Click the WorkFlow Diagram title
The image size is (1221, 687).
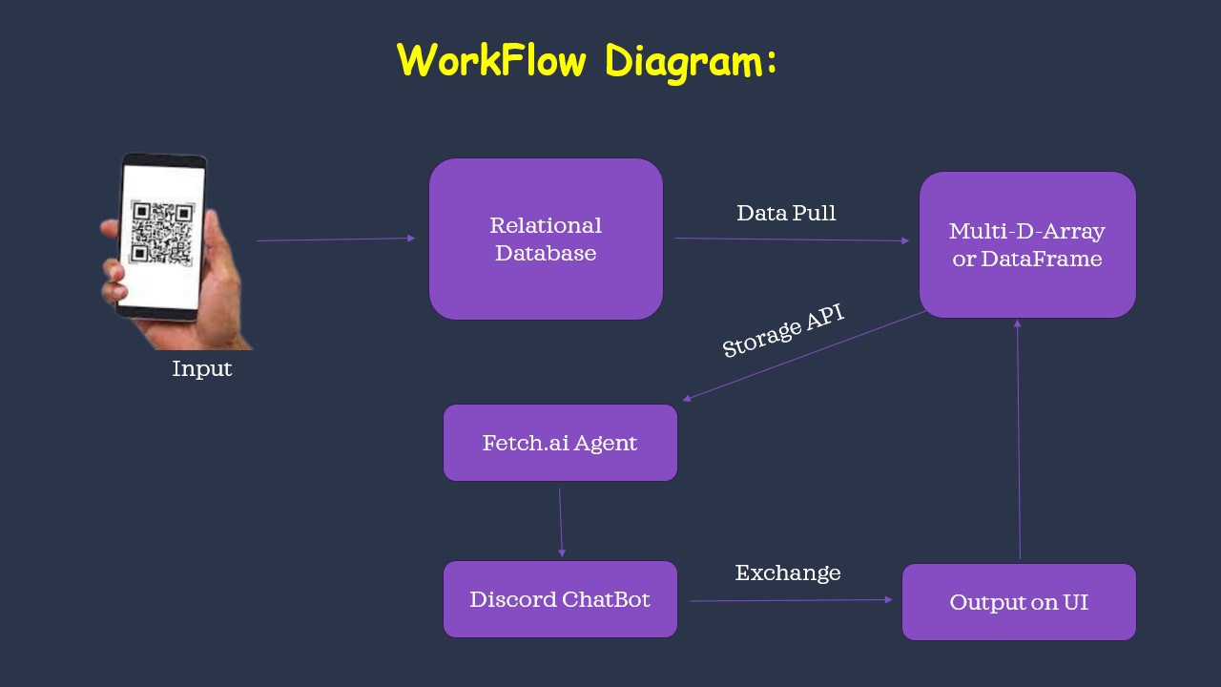(587, 62)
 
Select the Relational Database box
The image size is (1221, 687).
(546, 239)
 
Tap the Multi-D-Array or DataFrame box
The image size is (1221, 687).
(1027, 245)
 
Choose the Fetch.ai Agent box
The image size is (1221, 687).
(560, 443)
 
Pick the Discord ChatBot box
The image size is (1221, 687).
(560, 599)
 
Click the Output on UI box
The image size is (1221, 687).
(1020, 602)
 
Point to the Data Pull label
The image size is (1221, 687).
(786, 213)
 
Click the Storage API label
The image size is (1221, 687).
(783, 330)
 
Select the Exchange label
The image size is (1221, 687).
(788, 572)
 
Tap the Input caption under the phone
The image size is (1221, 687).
(201, 369)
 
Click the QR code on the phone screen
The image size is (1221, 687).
(162, 233)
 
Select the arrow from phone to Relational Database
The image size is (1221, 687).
(336, 239)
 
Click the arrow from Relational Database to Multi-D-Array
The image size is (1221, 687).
(792, 239)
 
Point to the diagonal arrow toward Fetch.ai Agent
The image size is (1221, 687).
(804, 356)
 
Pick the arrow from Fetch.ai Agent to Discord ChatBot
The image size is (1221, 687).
(561, 522)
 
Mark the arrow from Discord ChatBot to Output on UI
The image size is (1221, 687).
(792, 600)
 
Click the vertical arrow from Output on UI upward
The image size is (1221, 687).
(1018, 440)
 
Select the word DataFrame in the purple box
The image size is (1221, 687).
(1041, 259)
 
